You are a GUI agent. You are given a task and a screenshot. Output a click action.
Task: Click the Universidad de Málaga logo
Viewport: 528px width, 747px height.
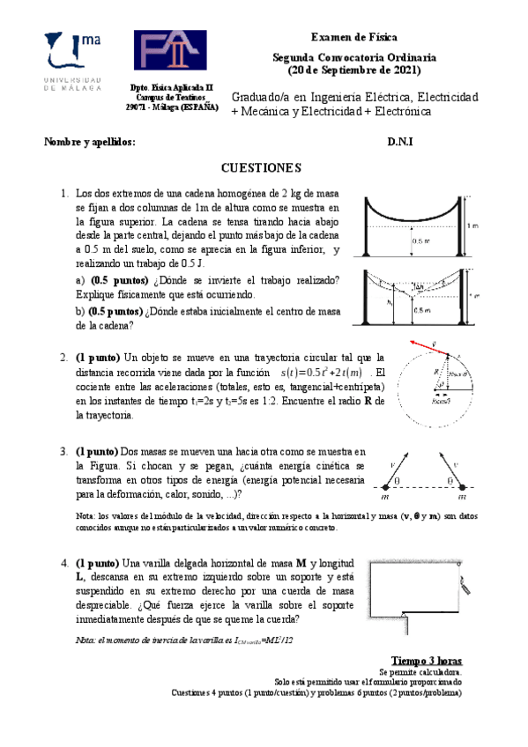[71, 60]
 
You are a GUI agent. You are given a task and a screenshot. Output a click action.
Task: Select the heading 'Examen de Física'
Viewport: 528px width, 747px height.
[353, 39]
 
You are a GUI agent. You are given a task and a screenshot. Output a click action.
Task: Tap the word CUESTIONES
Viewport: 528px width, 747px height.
[261, 167]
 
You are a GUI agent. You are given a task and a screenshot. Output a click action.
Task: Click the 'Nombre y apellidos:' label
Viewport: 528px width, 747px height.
[90, 142]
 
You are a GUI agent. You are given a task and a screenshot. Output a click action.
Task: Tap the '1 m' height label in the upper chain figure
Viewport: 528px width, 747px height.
[473, 224]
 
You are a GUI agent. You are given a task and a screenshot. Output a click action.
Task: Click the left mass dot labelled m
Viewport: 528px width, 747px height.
[384, 485]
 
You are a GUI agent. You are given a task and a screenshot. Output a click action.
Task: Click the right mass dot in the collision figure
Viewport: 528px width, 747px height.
[462, 485]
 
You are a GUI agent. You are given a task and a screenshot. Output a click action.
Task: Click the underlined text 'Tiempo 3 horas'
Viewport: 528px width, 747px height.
[426, 661]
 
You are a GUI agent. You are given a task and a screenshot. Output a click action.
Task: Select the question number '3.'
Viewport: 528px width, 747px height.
[64, 452]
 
